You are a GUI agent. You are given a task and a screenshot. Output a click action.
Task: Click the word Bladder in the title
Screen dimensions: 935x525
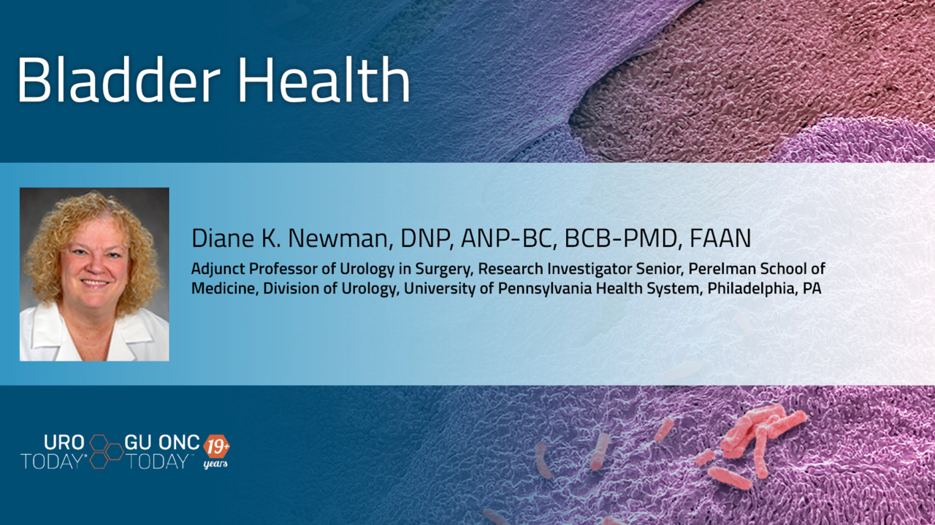(x=118, y=80)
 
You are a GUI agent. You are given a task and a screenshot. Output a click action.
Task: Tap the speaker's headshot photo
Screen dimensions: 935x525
(x=94, y=275)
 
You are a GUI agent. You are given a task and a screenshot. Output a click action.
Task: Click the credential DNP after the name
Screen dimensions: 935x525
(x=426, y=238)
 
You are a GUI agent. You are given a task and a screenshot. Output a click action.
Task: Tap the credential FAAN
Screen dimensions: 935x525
(x=720, y=238)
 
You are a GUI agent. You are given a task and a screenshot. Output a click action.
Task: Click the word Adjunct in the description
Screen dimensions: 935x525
(x=218, y=269)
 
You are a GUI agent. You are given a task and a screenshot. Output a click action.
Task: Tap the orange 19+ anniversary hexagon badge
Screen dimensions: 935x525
(x=216, y=448)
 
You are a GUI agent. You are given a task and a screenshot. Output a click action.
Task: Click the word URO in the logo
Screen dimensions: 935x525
(x=64, y=442)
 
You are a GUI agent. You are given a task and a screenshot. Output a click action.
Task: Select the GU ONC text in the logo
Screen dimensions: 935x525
(x=162, y=442)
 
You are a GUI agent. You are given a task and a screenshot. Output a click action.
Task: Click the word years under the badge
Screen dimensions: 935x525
(x=215, y=464)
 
